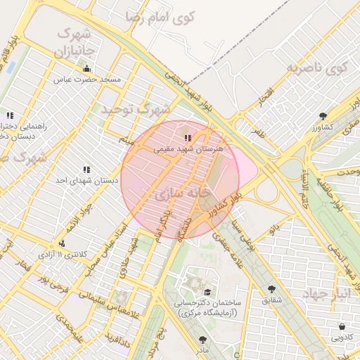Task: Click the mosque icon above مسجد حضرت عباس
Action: (x=86, y=69)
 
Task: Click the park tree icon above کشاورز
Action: (x=323, y=116)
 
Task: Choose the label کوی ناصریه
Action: (x=318, y=68)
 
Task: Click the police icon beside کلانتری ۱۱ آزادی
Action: (x=62, y=243)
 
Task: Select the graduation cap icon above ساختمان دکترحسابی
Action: (x=207, y=292)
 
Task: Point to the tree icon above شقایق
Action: (x=271, y=288)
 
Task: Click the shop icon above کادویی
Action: (x=342, y=326)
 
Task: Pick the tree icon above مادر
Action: (x=202, y=339)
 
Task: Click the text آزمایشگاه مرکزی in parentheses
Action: (x=207, y=311)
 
